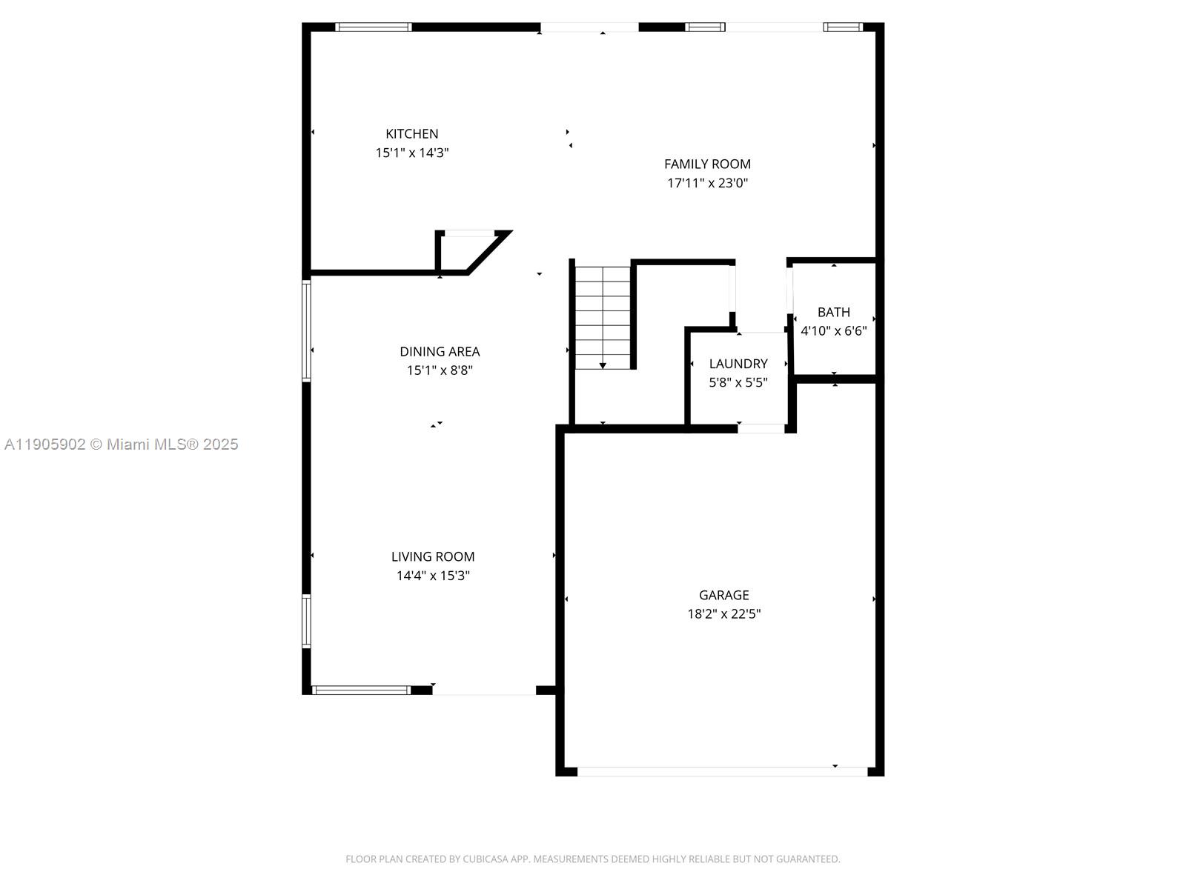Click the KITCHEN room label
[x=411, y=134]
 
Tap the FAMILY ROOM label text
[x=707, y=164]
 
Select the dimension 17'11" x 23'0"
[x=707, y=183]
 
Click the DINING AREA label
[x=440, y=352]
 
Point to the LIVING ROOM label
[x=433, y=557]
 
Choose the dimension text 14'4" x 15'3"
[x=433, y=576]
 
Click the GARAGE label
[x=723, y=595]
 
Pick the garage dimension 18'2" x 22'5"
[x=723, y=613]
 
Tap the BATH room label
[x=833, y=313]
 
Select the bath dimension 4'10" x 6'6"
[x=833, y=331]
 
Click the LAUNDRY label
[x=738, y=364]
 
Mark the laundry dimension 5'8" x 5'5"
[x=738, y=382]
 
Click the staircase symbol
[x=603, y=317]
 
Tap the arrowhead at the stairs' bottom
[x=603, y=365]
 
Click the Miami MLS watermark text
[x=121, y=444]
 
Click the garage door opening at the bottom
[x=722, y=771]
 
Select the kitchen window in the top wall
[x=373, y=27]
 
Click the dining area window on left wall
[x=306, y=330]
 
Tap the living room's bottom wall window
[x=361, y=690]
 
